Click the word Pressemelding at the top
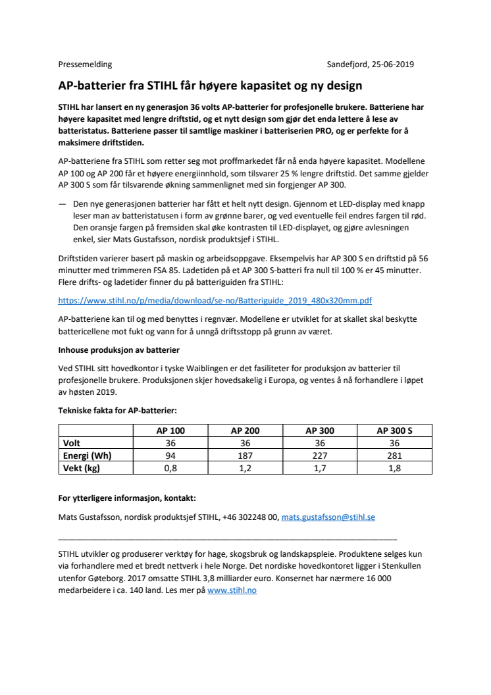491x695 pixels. (85, 64)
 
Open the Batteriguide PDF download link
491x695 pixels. (215, 300)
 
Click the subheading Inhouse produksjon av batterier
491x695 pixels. (118, 349)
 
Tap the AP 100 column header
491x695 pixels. (170, 430)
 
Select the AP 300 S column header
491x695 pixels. (394, 430)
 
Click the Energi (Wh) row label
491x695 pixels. (87, 455)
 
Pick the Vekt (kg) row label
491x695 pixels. (82, 468)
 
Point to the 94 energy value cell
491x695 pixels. (170, 455)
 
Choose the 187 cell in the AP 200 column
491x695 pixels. (245, 455)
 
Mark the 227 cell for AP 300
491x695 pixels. (319, 455)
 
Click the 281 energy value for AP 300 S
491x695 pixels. (394, 455)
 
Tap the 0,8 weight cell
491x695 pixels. (170, 468)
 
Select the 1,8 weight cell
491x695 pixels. (394, 468)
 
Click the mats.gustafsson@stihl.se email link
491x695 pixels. (328, 517)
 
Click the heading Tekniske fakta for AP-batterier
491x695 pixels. (117, 410)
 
